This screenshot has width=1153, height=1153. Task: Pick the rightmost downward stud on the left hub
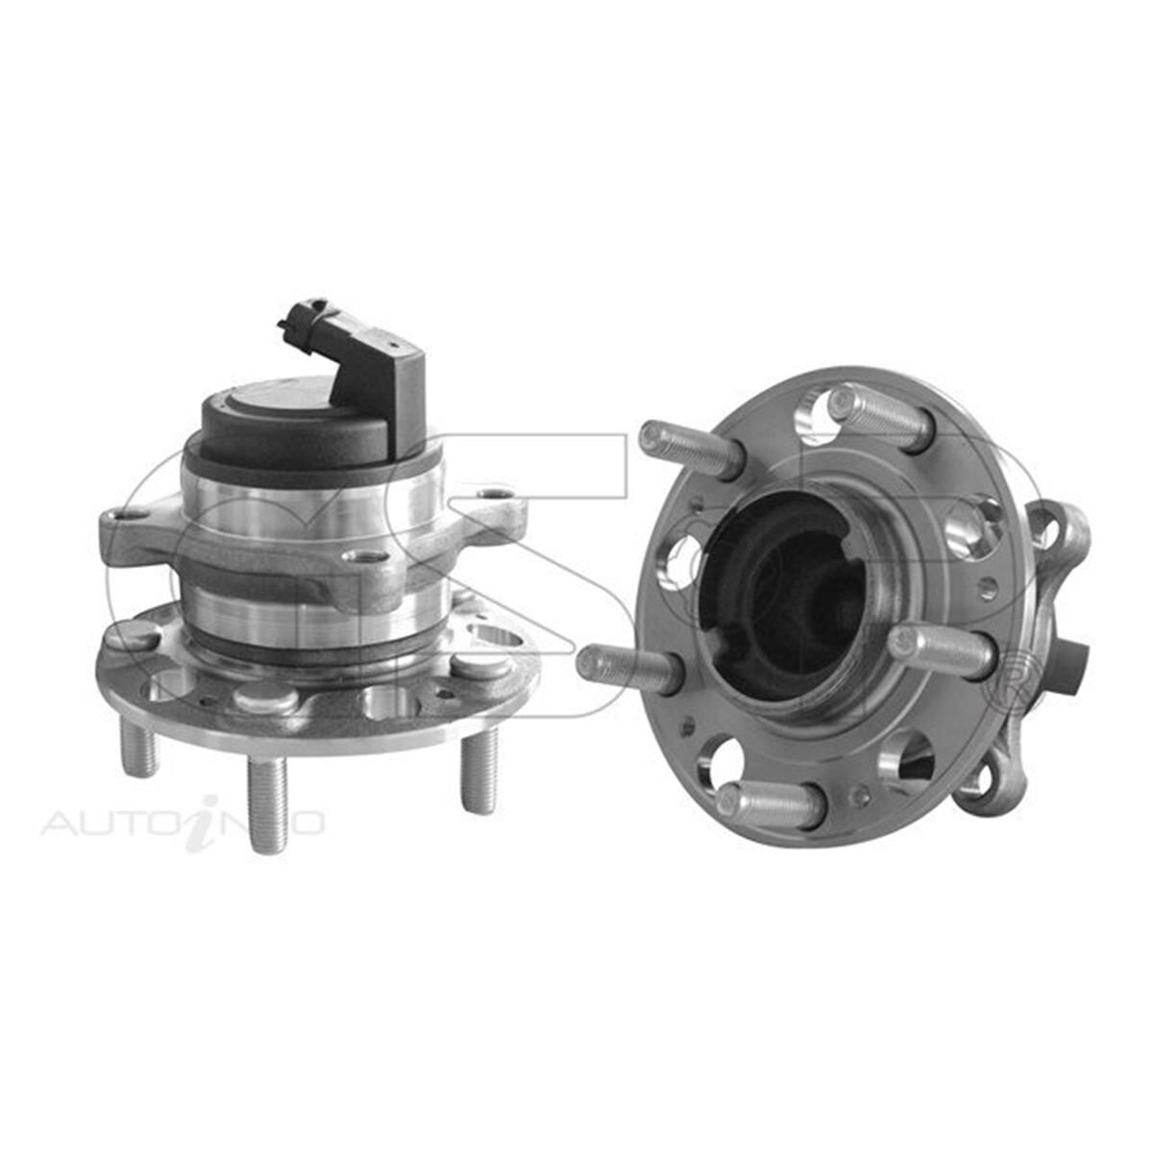tap(478, 769)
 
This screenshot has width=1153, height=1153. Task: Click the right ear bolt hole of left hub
tap(497, 495)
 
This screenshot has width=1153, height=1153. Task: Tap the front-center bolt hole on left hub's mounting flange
tap(360, 556)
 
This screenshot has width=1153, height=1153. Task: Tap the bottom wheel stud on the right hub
tap(769, 802)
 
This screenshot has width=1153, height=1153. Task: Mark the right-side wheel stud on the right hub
tap(942, 651)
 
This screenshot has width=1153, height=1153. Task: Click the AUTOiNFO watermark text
tap(183, 823)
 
